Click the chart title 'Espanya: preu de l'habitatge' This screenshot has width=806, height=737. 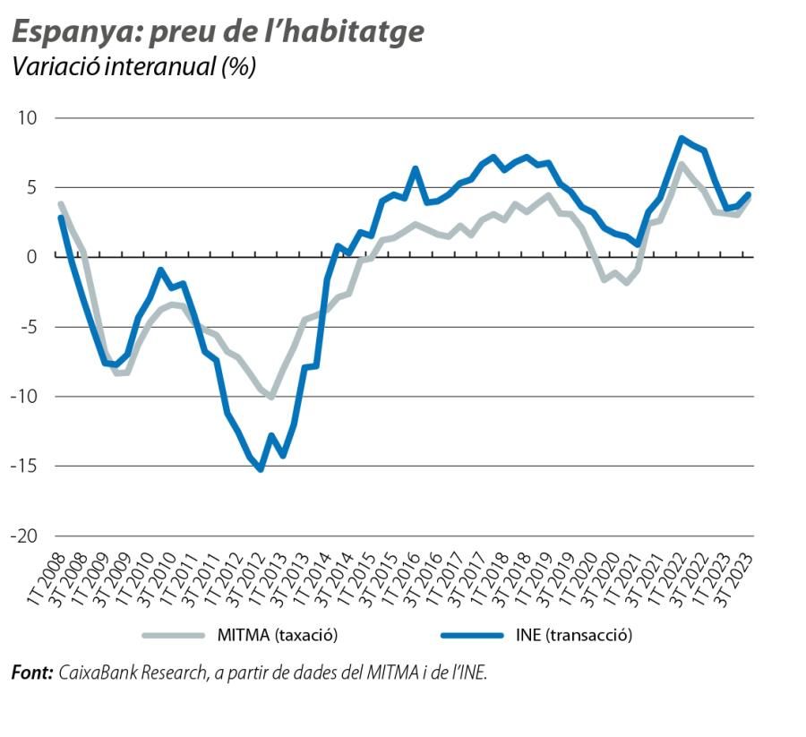(217, 32)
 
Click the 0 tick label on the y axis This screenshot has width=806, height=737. (34, 257)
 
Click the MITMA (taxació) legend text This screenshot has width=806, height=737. (277, 636)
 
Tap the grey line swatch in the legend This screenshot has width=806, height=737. (174, 636)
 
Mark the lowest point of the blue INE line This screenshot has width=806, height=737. (261, 469)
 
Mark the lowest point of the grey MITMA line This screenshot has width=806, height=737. (271, 397)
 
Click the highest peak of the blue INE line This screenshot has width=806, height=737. (682, 138)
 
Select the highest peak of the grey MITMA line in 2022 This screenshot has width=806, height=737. (682, 164)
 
